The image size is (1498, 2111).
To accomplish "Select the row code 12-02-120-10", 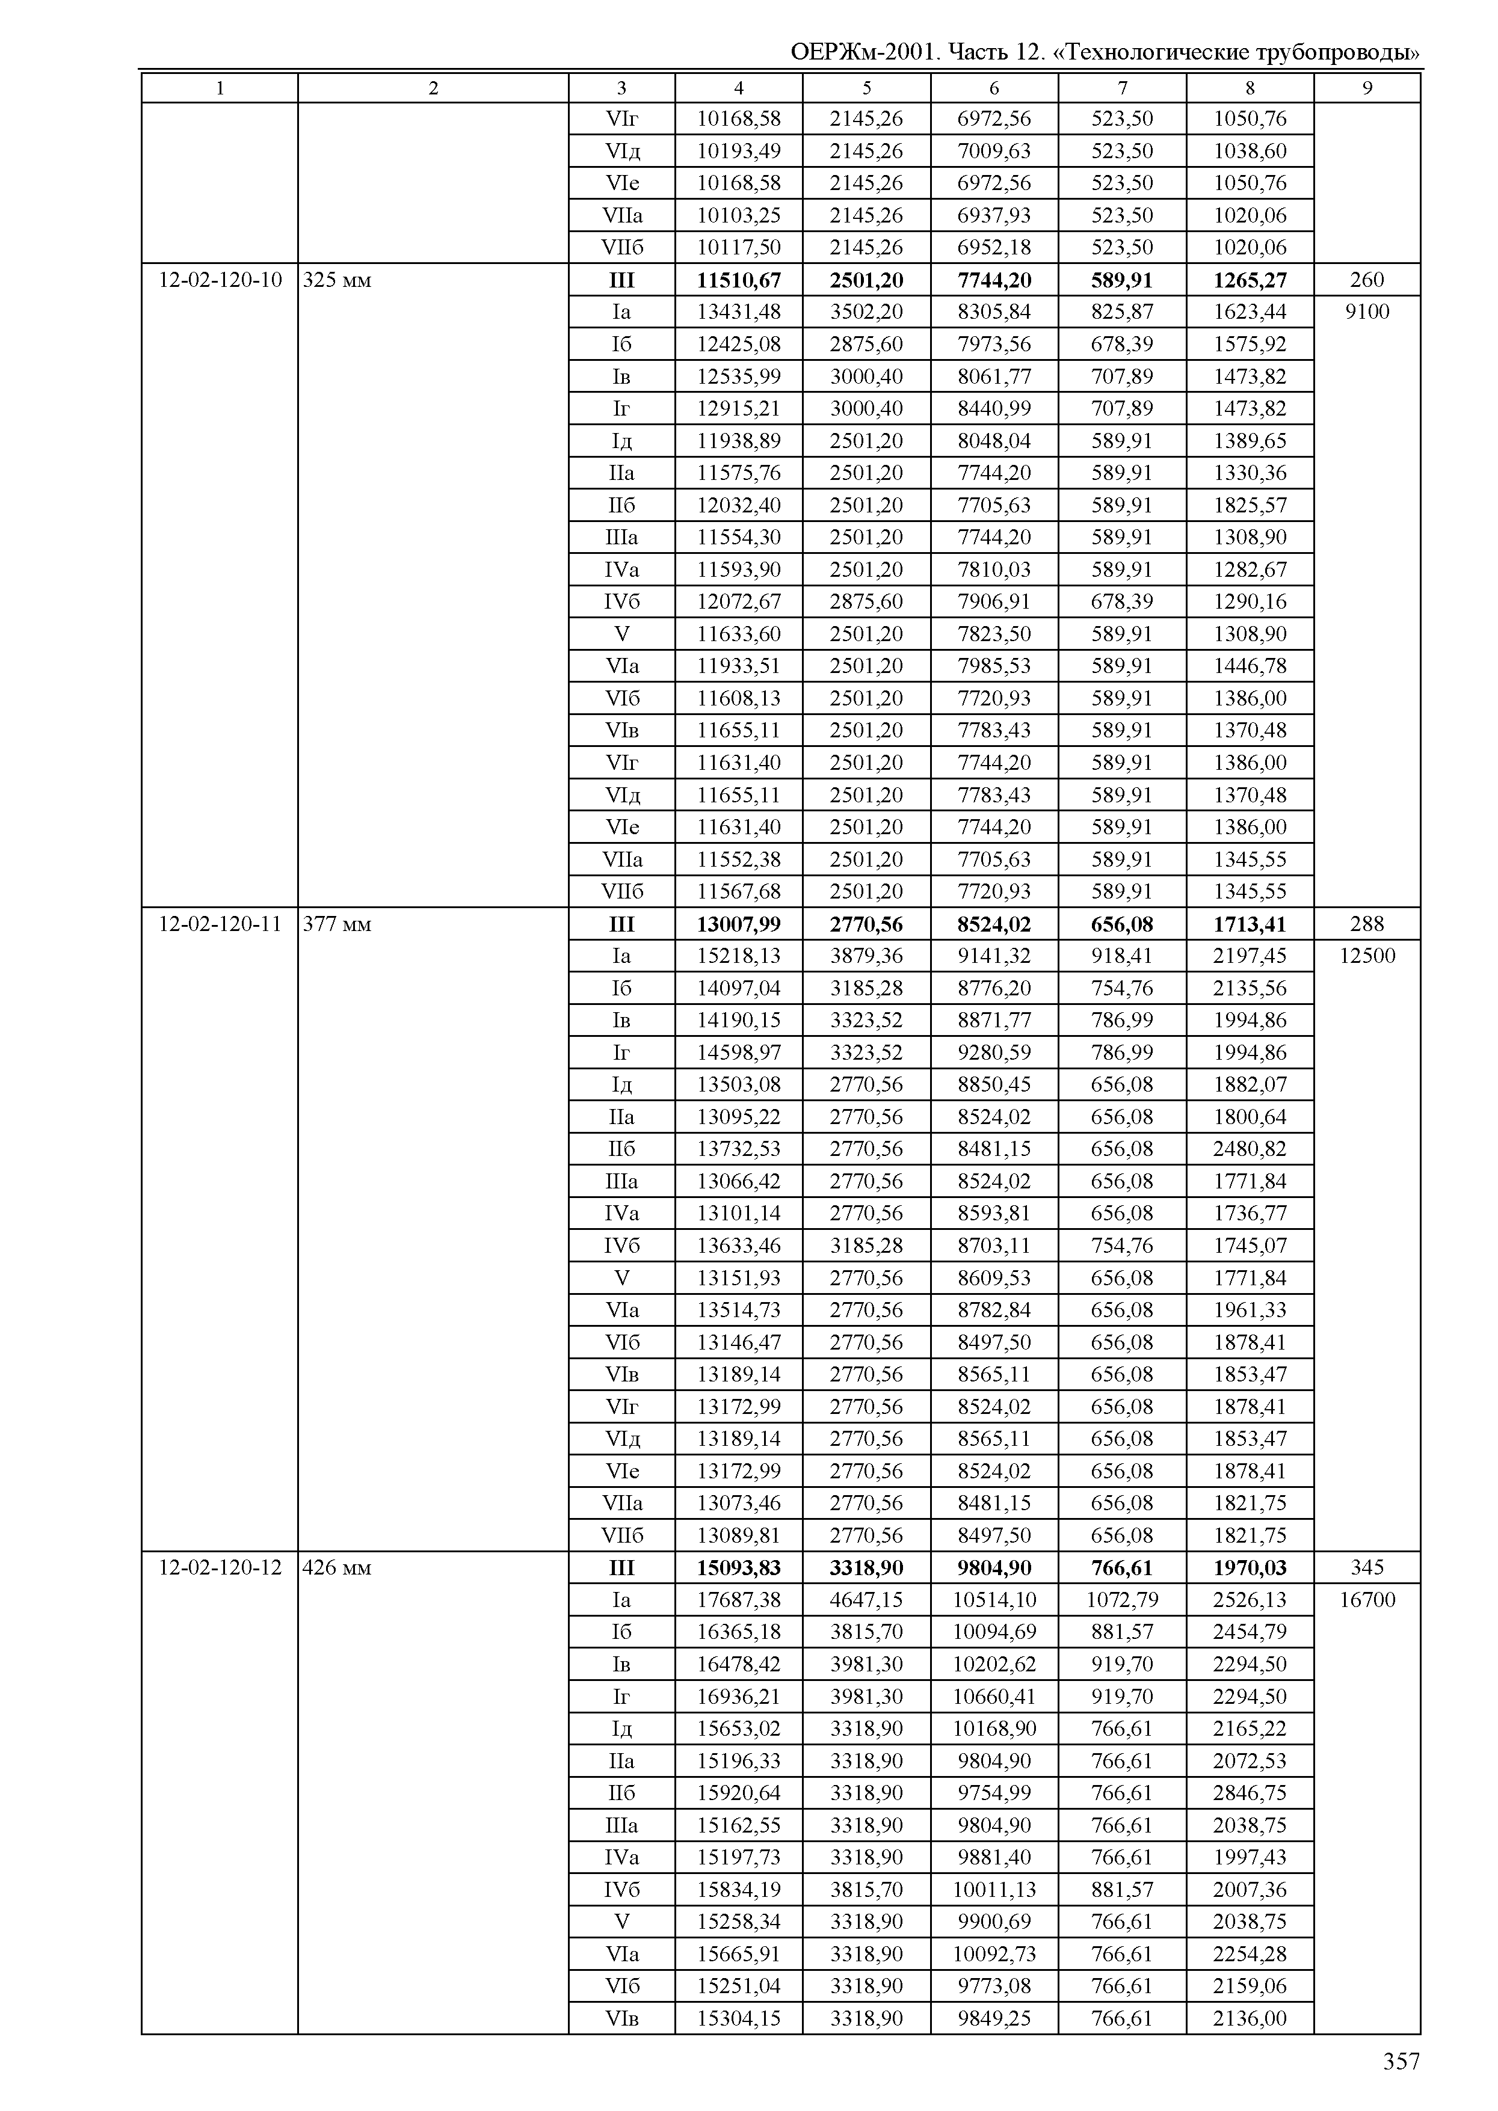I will pyautogui.click(x=220, y=280).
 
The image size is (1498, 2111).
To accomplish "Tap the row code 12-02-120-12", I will pyautogui.click(x=220, y=1568).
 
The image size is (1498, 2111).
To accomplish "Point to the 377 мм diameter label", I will pyautogui.click(x=338, y=924).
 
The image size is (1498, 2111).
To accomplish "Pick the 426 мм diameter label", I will pyautogui.click(x=338, y=1568).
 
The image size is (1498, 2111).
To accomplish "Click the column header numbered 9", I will pyautogui.click(x=1367, y=88).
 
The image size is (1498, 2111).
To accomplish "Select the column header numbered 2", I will pyautogui.click(x=433, y=88).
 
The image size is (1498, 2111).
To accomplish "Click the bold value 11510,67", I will pyautogui.click(x=738, y=280).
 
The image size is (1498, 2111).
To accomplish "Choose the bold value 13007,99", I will pyautogui.click(x=738, y=924).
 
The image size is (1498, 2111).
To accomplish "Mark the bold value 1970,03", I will pyautogui.click(x=1250, y=1568).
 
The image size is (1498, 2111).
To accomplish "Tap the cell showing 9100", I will pyautogui.click(x=1367, y=312).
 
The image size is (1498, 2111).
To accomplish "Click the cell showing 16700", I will pyautogui.click(x=1367, y=1600).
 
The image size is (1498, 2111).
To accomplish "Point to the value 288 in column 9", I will pyautogui.click(x=1367, y=924).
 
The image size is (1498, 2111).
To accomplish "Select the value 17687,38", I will pyautogui.click(x=738, y=1600).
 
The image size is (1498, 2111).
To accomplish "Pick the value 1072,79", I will pyautogui.click(x=1121, y=1600).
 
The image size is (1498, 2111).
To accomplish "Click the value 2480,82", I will pyautogui.click(x=1250, y=1149).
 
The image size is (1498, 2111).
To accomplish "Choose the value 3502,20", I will pyautogui.click(x=866, y=312).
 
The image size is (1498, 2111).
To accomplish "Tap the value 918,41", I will pyautogui.click(x=1121, y=956).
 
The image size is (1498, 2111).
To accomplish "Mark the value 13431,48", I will pyautogui.click(x=738, y=312).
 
